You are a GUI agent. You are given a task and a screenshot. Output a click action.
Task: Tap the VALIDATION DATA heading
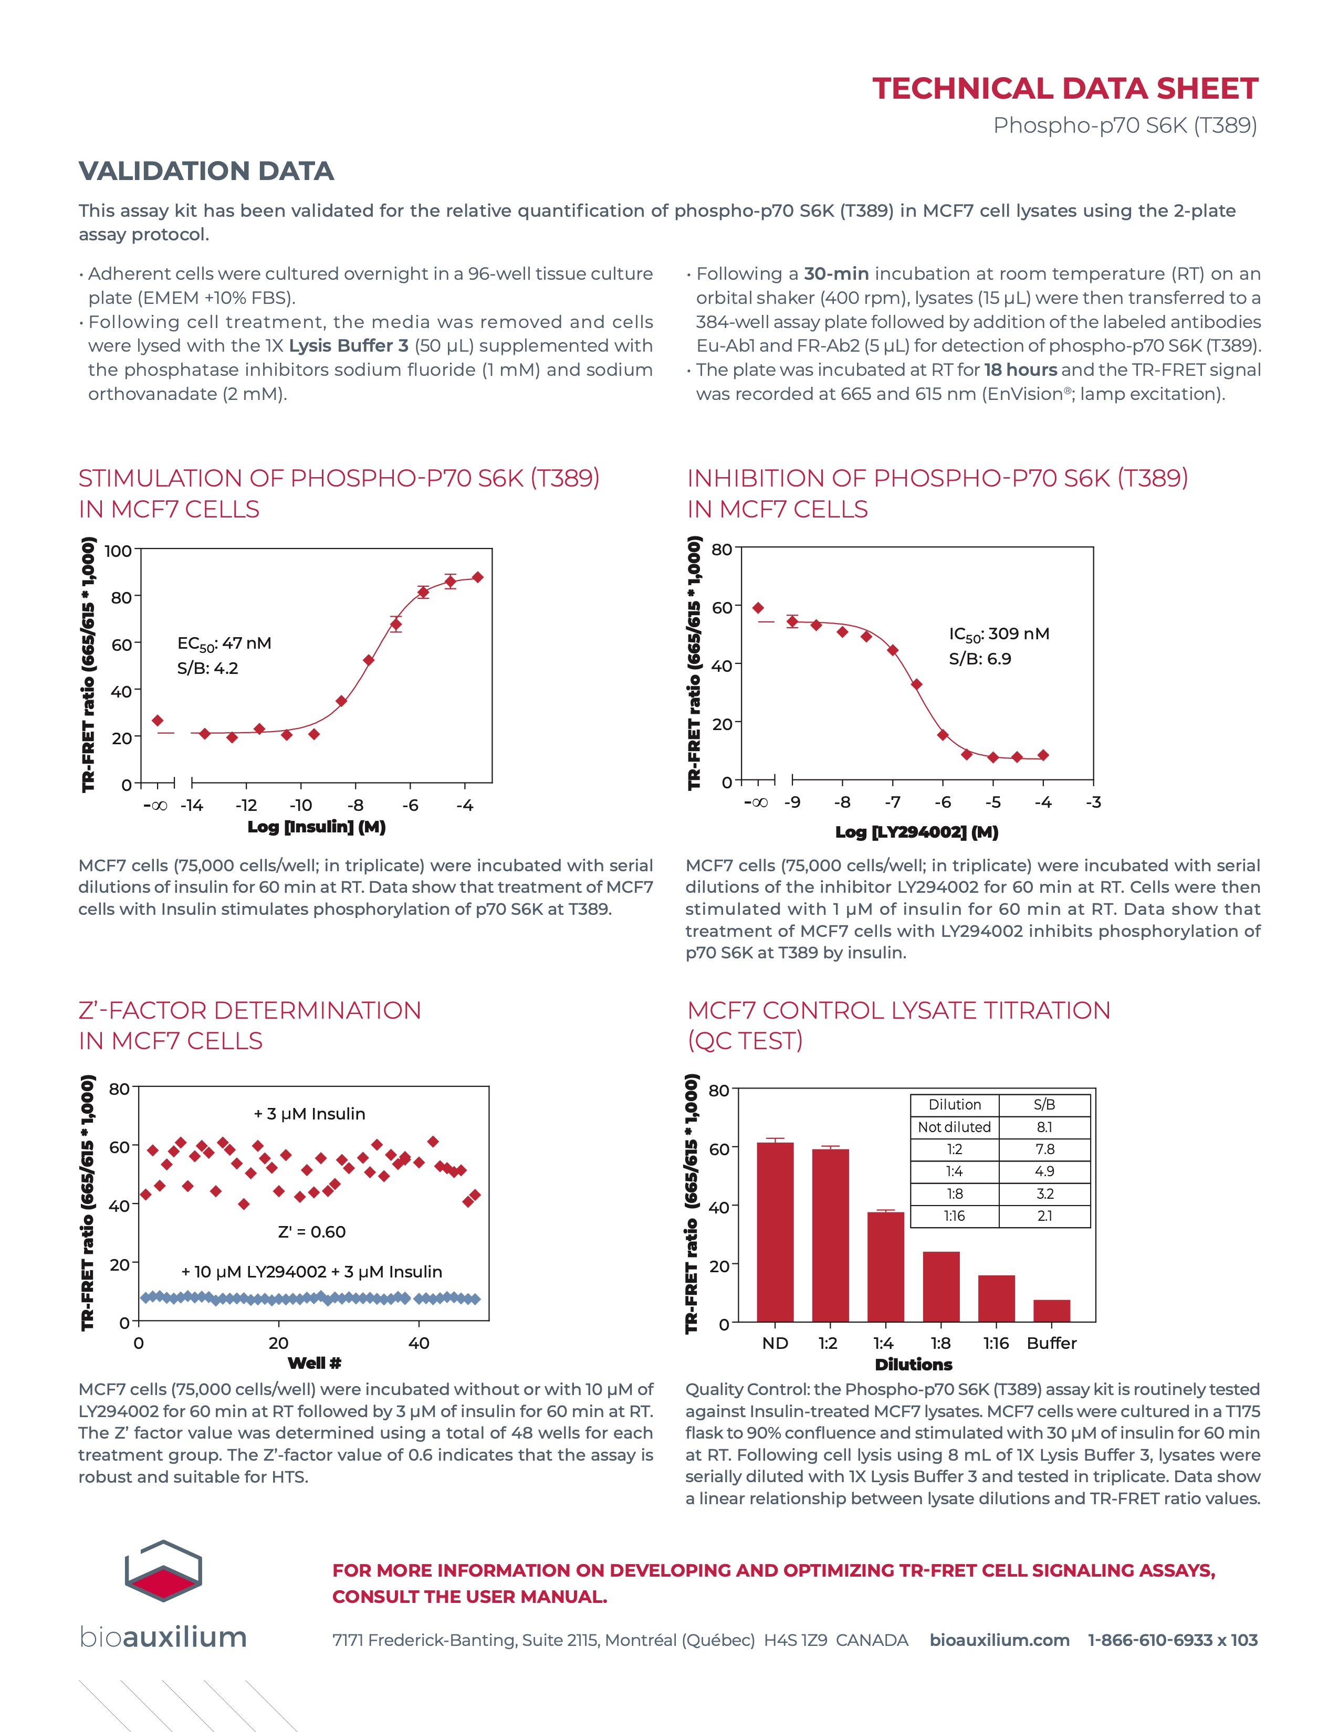click(x=206, y=171)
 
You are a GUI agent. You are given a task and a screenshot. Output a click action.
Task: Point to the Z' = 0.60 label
click(x=312, y=1232)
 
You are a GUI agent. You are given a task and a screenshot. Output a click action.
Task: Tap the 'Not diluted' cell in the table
click(x=954, y=1127)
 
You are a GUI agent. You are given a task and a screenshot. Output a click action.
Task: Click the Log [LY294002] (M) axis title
click(x=916, y=831)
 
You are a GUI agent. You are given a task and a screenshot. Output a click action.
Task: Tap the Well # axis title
click(x=314, y=1363)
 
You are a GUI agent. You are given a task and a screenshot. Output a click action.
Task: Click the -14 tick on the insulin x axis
click(x=192, y=806)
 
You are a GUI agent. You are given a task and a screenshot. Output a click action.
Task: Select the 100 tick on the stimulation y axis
click(x=118, y=551)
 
